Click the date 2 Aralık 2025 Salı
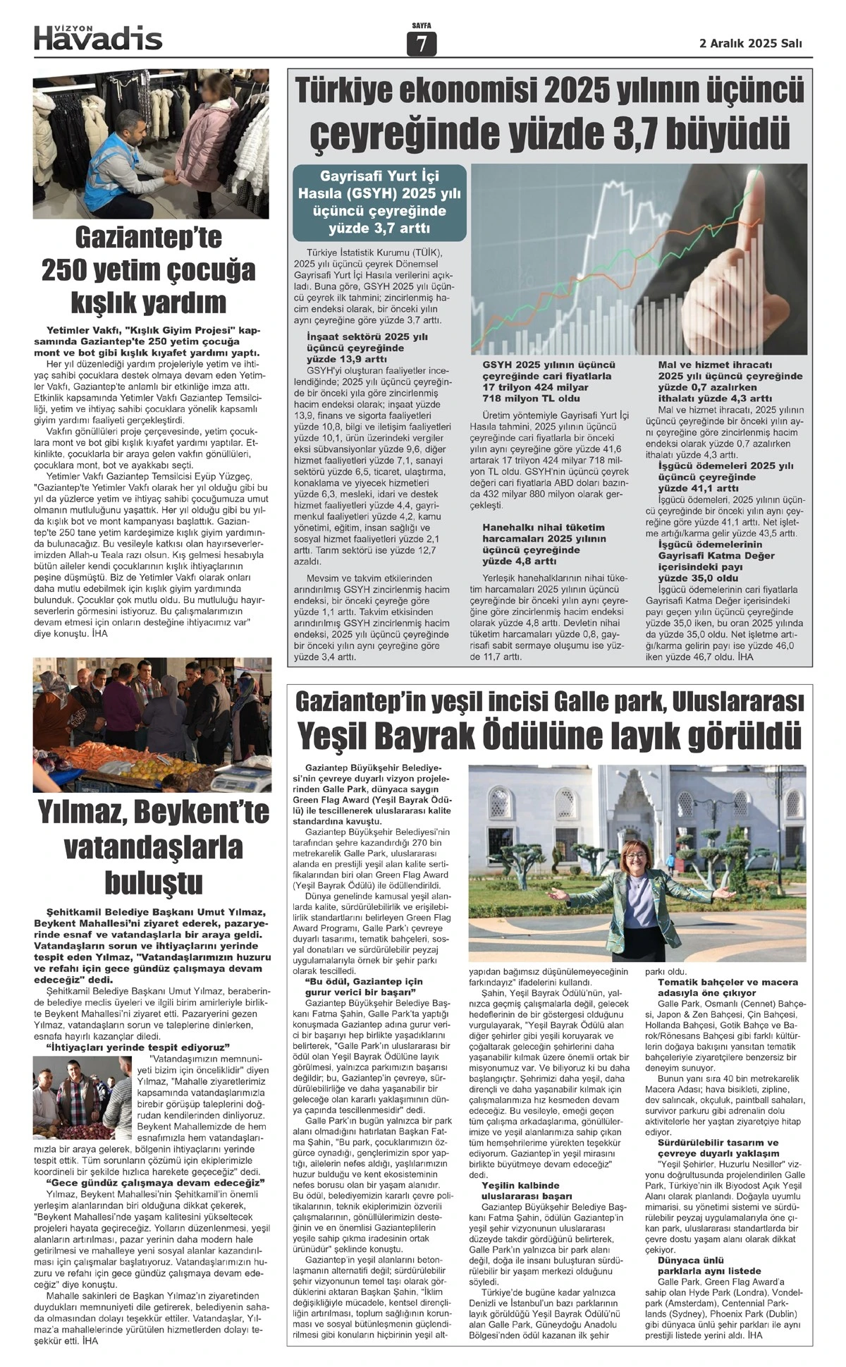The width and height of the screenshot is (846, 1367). [x=750, y=43]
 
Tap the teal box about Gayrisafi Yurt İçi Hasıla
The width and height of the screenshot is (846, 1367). [x=379, y=202]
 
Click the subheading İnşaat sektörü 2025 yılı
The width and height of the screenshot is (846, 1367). [x=367, y=336]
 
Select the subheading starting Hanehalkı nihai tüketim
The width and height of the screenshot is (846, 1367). [x=543, y=528]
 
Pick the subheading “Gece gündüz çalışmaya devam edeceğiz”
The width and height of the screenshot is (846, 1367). [x=155, y=1182]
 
